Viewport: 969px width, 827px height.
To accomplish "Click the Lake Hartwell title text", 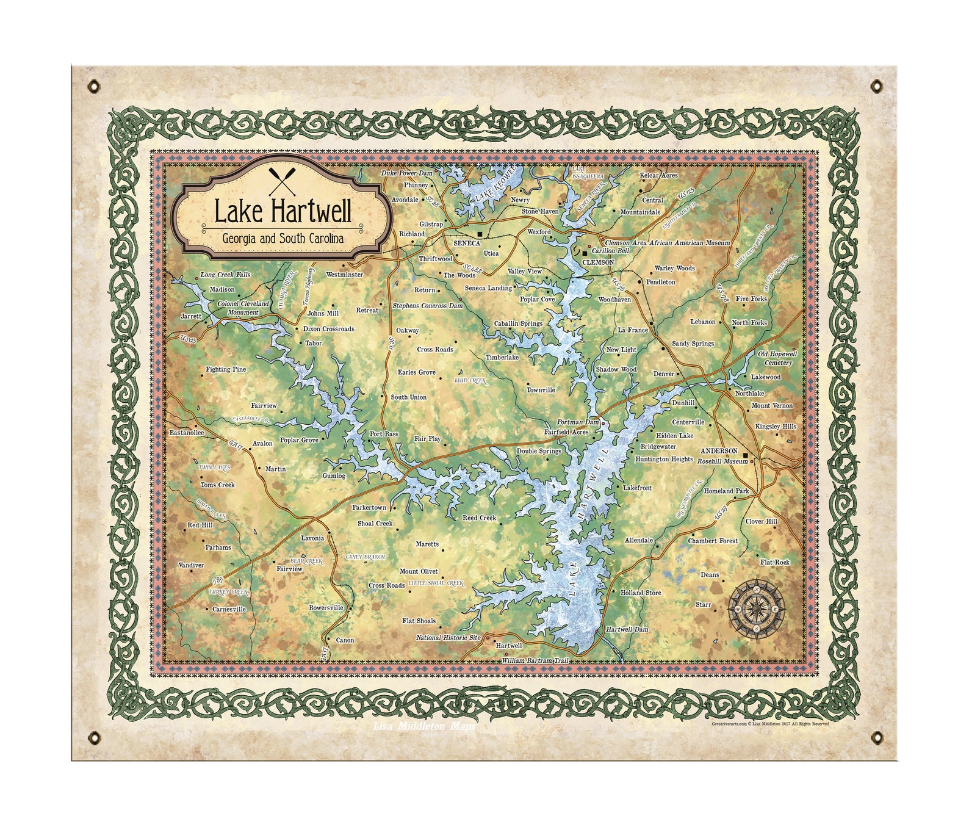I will pos(283,212).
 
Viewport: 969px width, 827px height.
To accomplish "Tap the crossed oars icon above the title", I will pos(283,181).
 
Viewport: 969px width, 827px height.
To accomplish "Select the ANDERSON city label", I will pos(718,451).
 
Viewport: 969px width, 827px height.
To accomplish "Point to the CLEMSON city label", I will pos(598,262).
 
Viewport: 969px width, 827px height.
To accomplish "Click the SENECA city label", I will pos(467,243).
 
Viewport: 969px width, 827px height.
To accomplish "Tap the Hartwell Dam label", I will pos(627,629).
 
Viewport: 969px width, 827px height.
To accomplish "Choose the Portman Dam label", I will pos(578,422).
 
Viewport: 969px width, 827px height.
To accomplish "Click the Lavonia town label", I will pos(312,538).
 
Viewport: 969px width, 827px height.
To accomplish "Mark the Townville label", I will pos(541,389).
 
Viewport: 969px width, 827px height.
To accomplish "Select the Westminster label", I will pos(344,275).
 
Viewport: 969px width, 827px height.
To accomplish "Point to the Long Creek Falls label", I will pos(225,275).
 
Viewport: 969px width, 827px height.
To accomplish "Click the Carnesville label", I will pos(229,609).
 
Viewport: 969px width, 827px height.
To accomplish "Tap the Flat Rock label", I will pos(774,562).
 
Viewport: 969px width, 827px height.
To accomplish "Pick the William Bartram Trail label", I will pos(535,660).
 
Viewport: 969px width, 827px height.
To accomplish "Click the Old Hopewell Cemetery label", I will pos(777,358).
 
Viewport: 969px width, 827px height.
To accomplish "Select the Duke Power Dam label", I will pos(406,173).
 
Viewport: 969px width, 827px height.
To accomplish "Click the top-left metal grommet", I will pos(93,86).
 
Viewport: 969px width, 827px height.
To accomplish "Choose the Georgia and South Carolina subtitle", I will pos(283,238).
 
